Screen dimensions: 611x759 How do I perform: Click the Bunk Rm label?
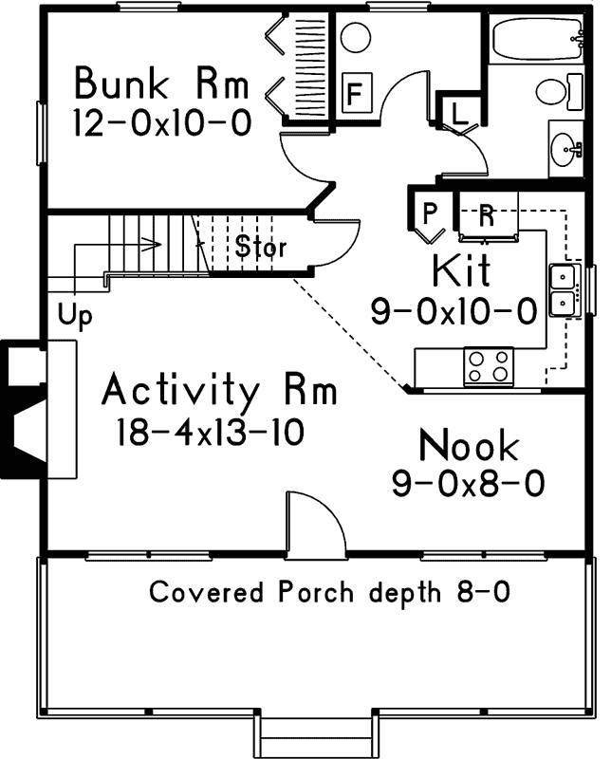coord(161,83)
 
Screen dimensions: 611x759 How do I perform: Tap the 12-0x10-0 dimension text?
coord(162,122)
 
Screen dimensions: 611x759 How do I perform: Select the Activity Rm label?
coord(219,390)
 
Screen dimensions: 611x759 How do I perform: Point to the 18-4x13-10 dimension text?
coord(210,432)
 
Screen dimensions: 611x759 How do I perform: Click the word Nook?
coord(469,445)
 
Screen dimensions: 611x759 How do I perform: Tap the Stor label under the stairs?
coord(261,247)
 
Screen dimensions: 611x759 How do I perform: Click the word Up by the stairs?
coord(75,316)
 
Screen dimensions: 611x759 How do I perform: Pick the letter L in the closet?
coord(458,114)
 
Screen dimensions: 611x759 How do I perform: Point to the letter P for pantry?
coord(430,213)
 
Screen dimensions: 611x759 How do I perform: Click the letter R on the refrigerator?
coord(487,215)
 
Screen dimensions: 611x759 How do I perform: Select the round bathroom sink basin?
coord(565,149)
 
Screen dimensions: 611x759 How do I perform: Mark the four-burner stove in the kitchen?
coord(489,366)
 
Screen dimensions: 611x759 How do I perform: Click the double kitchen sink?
coord(565,290)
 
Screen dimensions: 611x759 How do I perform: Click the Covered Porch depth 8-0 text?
coord(330,592)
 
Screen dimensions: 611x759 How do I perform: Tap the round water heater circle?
coord(356,37)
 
